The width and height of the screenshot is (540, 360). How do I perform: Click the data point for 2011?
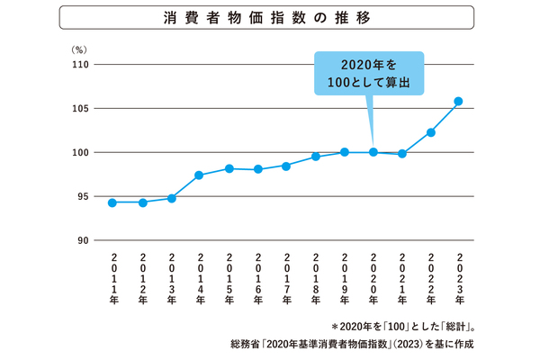click(112, 202)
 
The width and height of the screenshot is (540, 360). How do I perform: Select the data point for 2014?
click(199, 175)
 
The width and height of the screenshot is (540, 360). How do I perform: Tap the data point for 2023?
click(458, 101)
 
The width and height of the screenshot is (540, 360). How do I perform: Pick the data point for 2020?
click(373, 152)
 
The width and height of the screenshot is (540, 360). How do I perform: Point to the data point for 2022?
click(431, 132)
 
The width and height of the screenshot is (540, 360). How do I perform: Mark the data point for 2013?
click(171, 198)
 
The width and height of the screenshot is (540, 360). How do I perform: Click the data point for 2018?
click(316, 157)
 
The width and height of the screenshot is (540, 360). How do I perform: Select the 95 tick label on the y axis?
click(81, 196)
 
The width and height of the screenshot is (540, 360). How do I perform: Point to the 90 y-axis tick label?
click(81, 240)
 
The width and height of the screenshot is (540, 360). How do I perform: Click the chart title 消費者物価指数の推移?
click(269, 17)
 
